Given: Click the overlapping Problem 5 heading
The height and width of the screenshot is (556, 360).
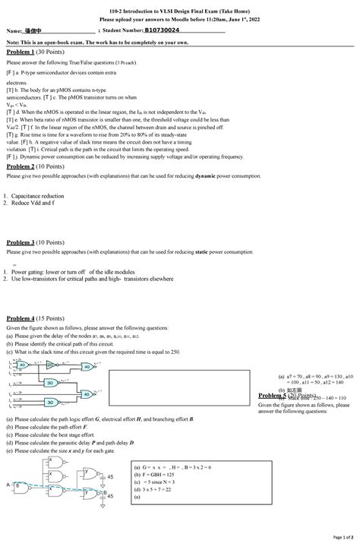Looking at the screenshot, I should [x=287, y=396].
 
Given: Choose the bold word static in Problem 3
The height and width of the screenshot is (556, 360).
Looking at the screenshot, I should [x=203, y=251].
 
